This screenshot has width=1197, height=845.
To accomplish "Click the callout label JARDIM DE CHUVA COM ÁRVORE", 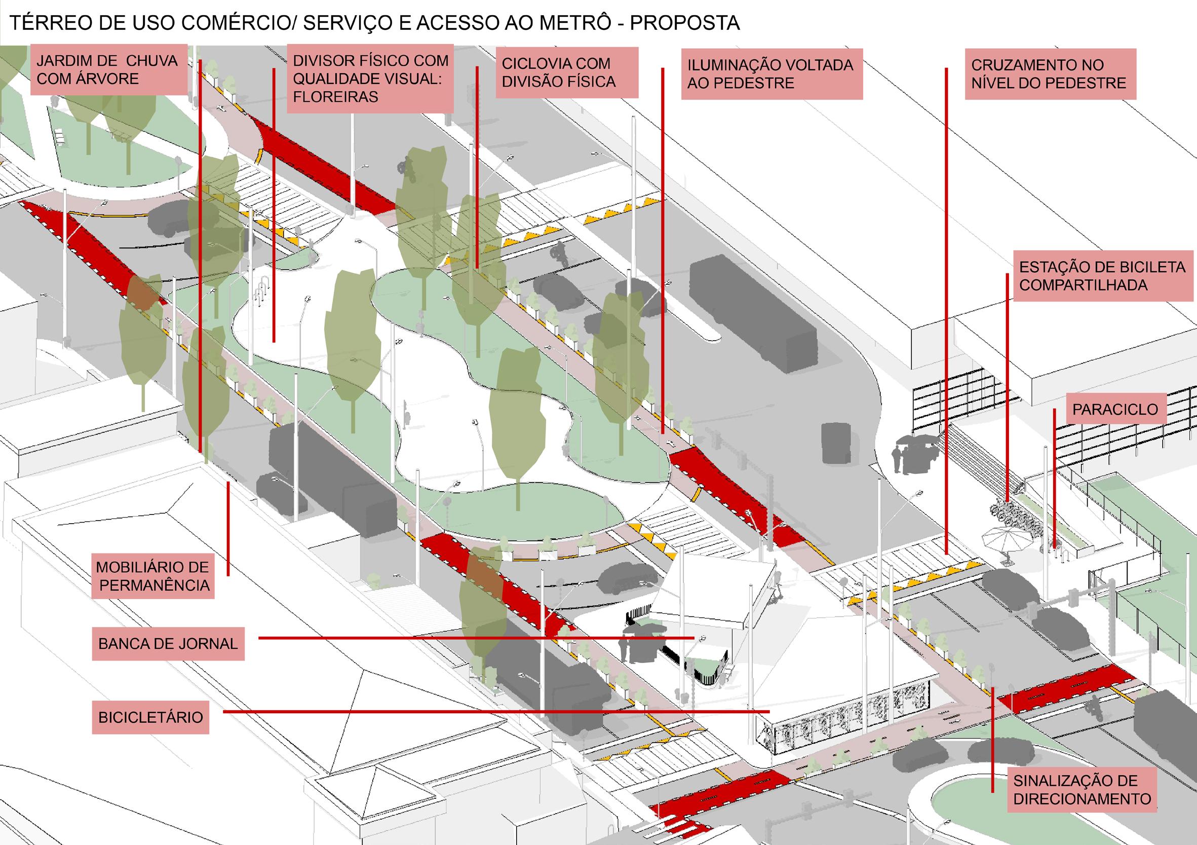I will pyautogui.click(x=108, y=70).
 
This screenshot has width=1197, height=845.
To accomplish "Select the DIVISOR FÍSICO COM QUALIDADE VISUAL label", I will pyautogui.click(x=370, y=79).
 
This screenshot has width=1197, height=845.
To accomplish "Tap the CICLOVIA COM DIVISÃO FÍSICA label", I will pyautogui.click(x=566, y=72).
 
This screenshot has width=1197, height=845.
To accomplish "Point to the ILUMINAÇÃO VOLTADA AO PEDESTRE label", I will pyautogui.click(x=771, y=74).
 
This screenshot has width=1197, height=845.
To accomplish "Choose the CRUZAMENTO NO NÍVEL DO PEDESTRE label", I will pyautogui.click(x=1050, y=74).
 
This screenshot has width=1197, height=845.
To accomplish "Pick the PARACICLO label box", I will pyautogui.click(x=1115, y=410).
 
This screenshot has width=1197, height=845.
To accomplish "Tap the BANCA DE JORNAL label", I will pyautogui.click(x=168, y=644).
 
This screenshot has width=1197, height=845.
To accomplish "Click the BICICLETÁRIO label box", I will pyautogui.click(x=150, y=717).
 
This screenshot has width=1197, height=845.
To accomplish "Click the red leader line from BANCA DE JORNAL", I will pyautogui.click(x=469, y=637).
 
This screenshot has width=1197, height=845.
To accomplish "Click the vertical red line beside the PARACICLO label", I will pyautogui.click(x=1055, y=480).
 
